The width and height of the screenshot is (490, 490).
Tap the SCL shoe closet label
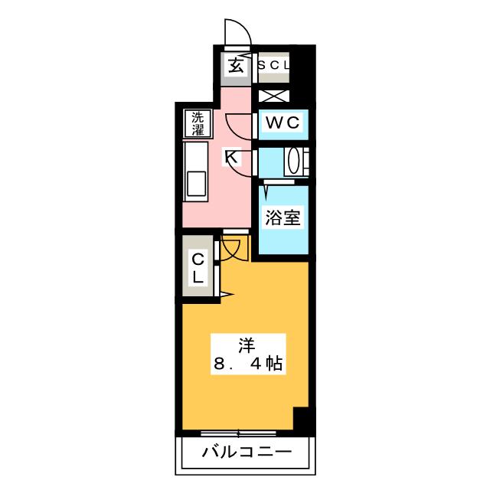[273, 66]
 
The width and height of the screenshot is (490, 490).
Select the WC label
[283, 122]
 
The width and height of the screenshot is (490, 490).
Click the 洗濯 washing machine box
[198, 124]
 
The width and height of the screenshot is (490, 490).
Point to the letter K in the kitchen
[230, 158]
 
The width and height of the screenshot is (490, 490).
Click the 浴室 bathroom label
[283, 217]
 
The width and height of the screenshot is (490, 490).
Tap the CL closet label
[198, 268]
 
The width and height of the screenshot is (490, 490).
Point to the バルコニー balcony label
[246, 452]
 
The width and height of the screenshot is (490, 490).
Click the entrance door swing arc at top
[237, 33]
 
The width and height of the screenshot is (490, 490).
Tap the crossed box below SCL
[273, 96]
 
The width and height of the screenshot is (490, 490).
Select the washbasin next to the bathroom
[295, 161]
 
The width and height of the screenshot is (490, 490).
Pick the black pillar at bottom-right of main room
[304, 420]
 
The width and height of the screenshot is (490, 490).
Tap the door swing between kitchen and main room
[233, 249]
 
